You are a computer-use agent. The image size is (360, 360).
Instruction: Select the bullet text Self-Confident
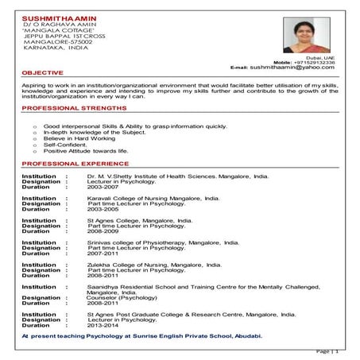pos(63,144)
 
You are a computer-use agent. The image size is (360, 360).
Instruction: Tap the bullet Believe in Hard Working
pos(79,138)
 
